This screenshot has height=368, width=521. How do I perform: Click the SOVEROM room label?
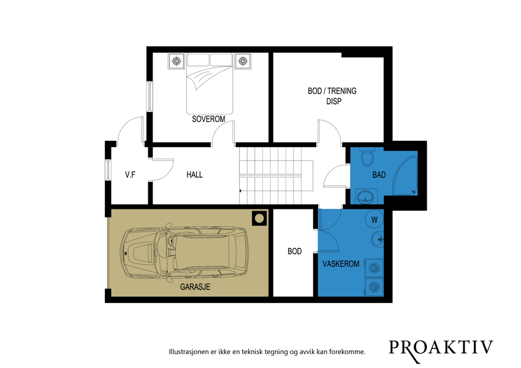208,119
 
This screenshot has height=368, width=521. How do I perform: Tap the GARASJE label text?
195,287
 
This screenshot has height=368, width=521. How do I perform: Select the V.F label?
130,175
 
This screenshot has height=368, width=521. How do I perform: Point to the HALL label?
194,175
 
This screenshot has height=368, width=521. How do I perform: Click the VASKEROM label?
341,264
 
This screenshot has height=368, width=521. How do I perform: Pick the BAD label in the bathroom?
379,175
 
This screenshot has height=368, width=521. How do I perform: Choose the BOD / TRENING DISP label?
332,96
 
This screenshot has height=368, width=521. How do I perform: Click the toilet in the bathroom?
368,157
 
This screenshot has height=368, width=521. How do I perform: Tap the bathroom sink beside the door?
366,197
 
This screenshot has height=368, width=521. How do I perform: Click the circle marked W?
374,219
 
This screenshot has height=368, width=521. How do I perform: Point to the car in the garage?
185,253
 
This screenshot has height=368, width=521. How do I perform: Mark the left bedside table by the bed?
177,61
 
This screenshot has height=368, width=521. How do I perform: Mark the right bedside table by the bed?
243,61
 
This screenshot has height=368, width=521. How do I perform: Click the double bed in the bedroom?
210,84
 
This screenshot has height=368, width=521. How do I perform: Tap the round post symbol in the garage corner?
259,219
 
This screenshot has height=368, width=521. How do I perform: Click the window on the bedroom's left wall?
150,96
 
